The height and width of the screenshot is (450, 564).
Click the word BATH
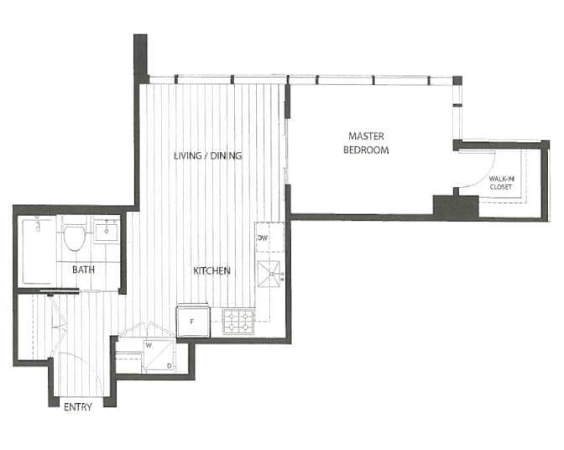(x=82, y=270)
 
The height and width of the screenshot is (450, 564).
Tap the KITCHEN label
(x=211, y=270)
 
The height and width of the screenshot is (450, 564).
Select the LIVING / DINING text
(x=207, y=156)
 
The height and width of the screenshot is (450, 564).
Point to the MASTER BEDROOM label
(x=368, y=143)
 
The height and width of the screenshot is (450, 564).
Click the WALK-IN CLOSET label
(x=502, y=182)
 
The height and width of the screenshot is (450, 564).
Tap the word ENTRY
(x=78, y=408)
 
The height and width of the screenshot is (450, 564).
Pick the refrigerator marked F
(x=192, y=320)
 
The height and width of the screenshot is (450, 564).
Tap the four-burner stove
(x=238, y=320)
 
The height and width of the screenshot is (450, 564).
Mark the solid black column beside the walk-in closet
(x=455, y=207)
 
